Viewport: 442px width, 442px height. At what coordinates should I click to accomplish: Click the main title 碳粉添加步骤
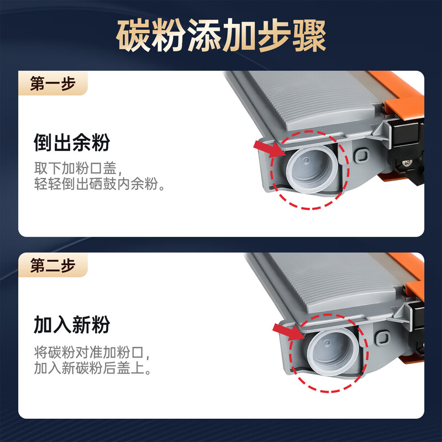pyautogui.click(x=221, y=36)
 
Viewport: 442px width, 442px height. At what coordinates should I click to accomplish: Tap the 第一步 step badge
pyautogui.click(x=52, y=83)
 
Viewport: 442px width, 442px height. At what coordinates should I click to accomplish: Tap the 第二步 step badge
pyautogui.click(x=52, y=266)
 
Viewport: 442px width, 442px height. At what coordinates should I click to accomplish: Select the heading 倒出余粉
pyautogui.click(x=72, y=143)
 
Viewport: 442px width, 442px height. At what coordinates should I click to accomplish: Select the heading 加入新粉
pyautogui.click(x=72, y=324)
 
